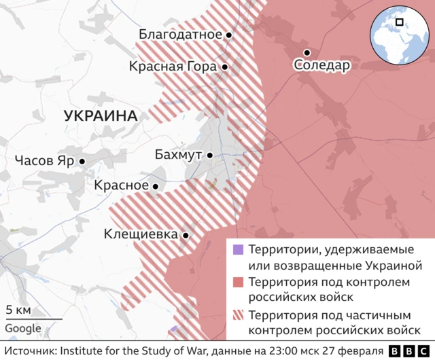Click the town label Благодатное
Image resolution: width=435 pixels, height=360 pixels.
(180, 34)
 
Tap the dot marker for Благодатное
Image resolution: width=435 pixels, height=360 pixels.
(229, 35)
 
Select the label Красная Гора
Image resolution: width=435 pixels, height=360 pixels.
(173, 67)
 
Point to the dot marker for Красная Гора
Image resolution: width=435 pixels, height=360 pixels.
(224, 67)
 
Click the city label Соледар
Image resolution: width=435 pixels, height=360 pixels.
(322, 66)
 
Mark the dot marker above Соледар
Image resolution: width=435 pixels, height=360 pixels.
(307, 52)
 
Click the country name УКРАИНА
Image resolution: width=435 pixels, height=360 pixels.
(101, 115)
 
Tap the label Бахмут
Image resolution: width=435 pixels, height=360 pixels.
(179, 155)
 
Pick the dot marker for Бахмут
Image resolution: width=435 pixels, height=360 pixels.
(210, 156)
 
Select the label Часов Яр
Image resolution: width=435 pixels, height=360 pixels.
(43, 161)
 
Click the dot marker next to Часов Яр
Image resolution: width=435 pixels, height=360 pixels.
(82, 161)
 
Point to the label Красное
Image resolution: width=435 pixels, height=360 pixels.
(122, 185)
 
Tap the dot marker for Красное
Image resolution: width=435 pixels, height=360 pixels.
(156, 186)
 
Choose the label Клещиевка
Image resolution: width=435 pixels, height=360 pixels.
(141, 234)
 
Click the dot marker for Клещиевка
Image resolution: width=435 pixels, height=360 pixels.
(185, 235)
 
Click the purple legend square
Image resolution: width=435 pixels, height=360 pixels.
(237, 249)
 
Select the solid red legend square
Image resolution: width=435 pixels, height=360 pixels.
(237, 282)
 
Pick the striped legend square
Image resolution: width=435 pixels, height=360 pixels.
(237, 314)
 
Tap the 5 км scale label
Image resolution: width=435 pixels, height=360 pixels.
(18, 310)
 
